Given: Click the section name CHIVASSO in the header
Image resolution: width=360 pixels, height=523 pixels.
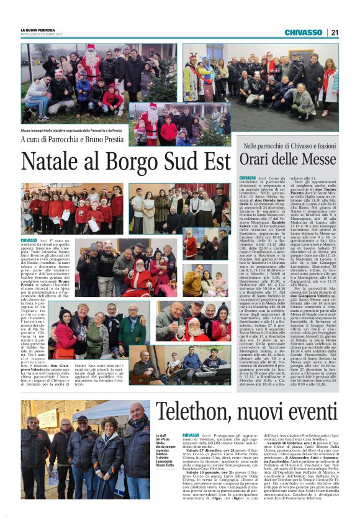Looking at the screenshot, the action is pos(304,32).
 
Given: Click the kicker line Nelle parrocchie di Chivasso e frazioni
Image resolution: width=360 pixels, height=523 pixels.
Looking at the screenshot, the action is pos(291,145).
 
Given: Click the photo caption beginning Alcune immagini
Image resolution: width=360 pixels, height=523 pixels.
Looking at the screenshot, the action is pos(71,130).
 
